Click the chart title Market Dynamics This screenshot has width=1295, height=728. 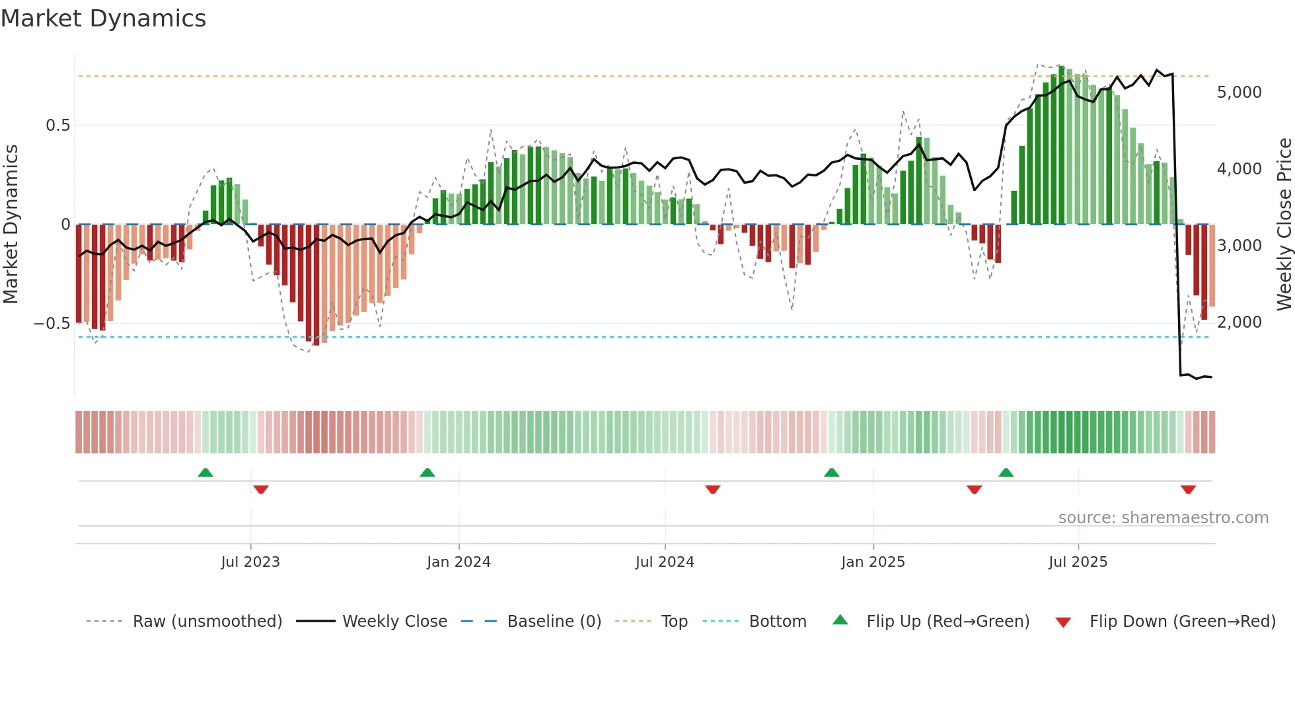click(x=103, y=18)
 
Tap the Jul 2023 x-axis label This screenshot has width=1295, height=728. click(x=250, y=562)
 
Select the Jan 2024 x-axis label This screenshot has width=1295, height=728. click(x=459, y=562)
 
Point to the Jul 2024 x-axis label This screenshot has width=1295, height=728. click(x=665, y=562)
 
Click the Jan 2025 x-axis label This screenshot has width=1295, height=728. click(x=873, y=562)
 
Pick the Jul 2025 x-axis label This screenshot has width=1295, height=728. click(x=1078, y=562)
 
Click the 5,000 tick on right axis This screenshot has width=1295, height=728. click(x=1239, y=92)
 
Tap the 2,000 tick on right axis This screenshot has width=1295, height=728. click(x=1239, y=322)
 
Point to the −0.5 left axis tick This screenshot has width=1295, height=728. click(x=52, y=324)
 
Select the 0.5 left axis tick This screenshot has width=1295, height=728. click(x=57, y=126)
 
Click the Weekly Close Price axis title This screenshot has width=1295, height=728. click(x=1284, y=225)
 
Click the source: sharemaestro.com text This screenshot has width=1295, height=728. click(x=1163, y=518)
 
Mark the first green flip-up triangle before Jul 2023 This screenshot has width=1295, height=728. click(x=205, y=472)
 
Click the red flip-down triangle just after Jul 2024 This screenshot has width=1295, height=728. click(x=712, y=490)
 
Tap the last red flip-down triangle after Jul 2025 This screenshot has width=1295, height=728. click(x=1188, y=490)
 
